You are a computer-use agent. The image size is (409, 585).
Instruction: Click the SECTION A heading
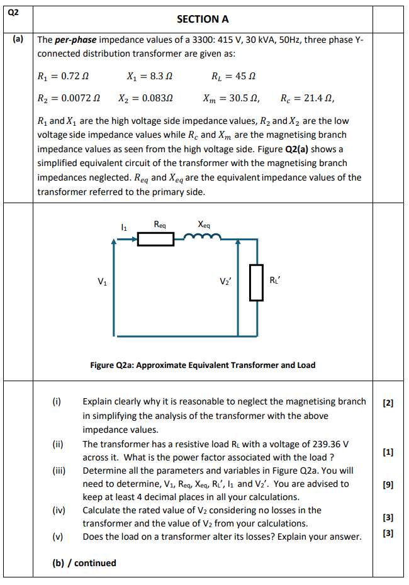click(203, 19)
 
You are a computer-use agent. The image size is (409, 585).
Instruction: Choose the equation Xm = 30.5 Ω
click(231, 98)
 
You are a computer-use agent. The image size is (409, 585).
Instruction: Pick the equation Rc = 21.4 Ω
click(308, 98)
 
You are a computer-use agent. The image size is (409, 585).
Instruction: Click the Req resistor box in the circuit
click(155, 239)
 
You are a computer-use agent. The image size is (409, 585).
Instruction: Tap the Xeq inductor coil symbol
click(202, 238)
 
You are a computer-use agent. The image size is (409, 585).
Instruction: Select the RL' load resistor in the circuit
click(256, 282)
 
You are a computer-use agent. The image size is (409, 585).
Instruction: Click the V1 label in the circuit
click(102, 281)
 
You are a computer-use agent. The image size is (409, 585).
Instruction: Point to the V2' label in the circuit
click(225, 281)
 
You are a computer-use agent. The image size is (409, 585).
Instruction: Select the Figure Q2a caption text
click(203, 365)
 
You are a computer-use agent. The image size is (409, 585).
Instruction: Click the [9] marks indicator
click(388, 485)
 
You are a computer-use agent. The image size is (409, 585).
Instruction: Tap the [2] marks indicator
click(388, 403)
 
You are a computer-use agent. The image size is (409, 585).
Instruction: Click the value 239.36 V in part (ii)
click(327, 443)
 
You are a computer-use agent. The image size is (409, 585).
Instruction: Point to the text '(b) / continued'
click(84, 563)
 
